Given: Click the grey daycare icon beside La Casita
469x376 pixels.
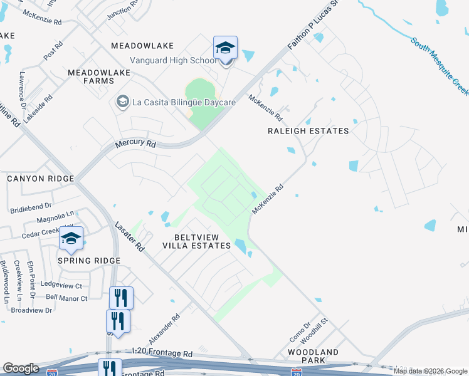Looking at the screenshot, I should [x=122, y=102].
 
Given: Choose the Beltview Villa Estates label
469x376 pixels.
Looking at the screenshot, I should [x=197, y=241].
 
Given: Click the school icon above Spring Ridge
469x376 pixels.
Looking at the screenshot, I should [x=71, y=239].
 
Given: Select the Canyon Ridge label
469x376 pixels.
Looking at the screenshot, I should [x=40, y=179].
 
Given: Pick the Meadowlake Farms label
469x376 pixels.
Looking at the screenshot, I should [x=99, y=76].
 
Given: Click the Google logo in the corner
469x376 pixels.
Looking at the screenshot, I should [x=21, y=368].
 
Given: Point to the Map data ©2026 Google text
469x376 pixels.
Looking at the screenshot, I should [x=430, y=371].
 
